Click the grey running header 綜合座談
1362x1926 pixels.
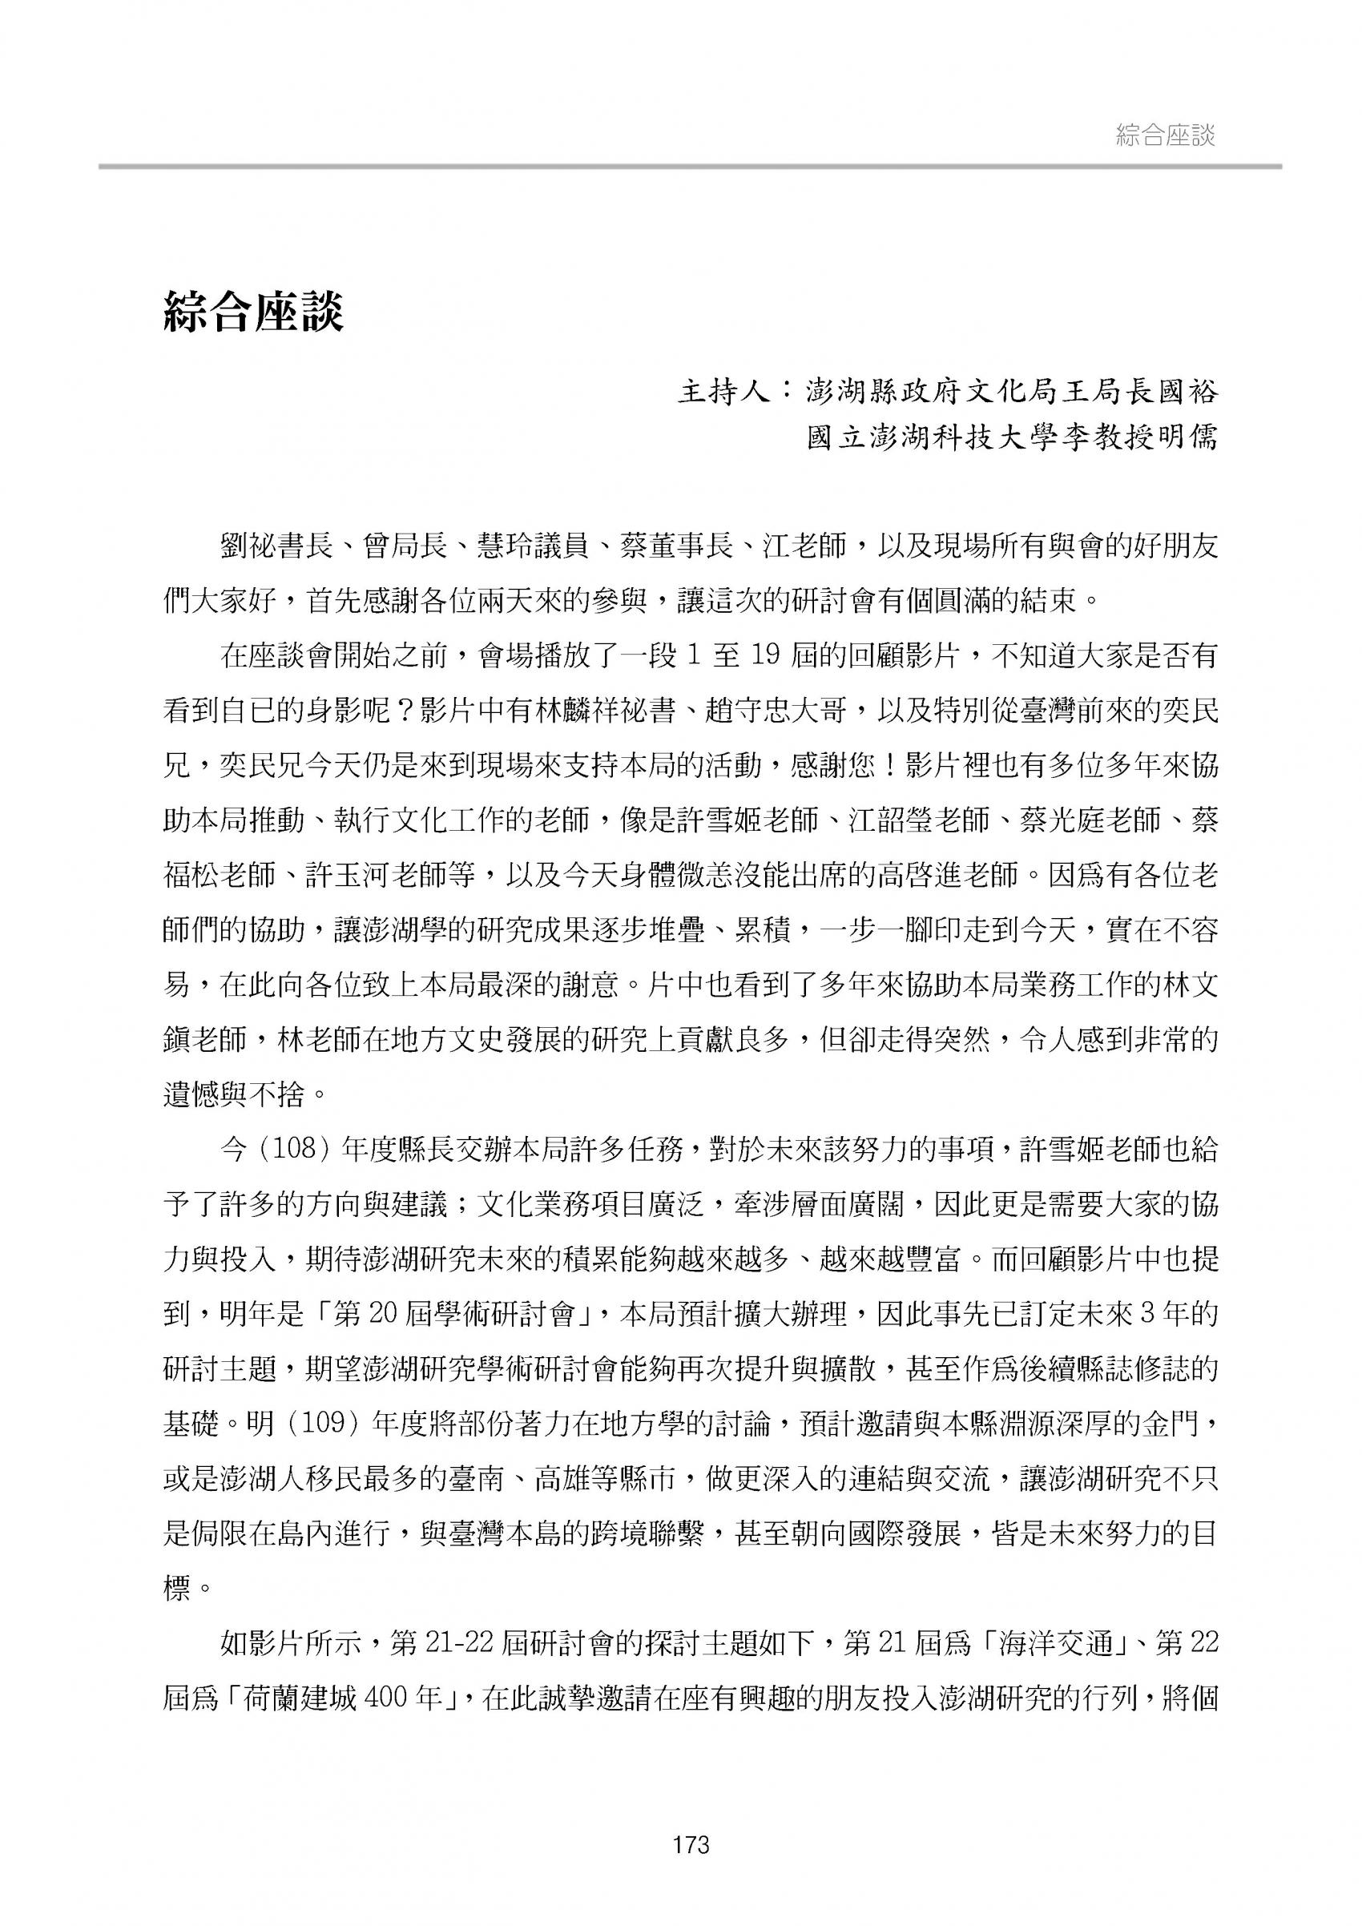(x=1165, y=136)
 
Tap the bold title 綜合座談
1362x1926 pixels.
(x=253, y=313)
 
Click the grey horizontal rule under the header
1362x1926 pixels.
(x=689, y=167)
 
